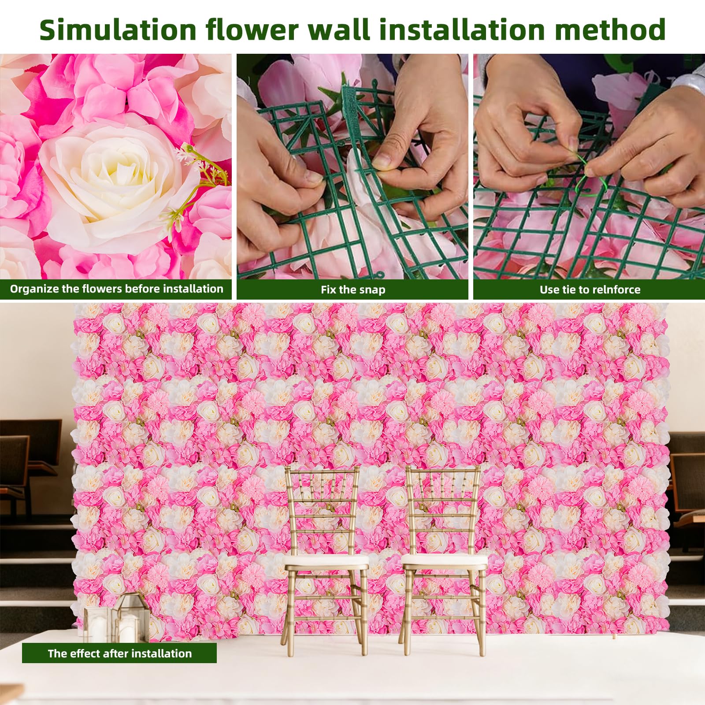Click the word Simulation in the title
click(118, 30)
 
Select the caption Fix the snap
click(353, 289)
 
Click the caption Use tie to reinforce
click(590, 289)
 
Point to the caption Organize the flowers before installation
click(116, 289)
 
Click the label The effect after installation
click(120, 653)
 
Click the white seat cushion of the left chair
click(325, 561)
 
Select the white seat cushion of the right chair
click(444, 561)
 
